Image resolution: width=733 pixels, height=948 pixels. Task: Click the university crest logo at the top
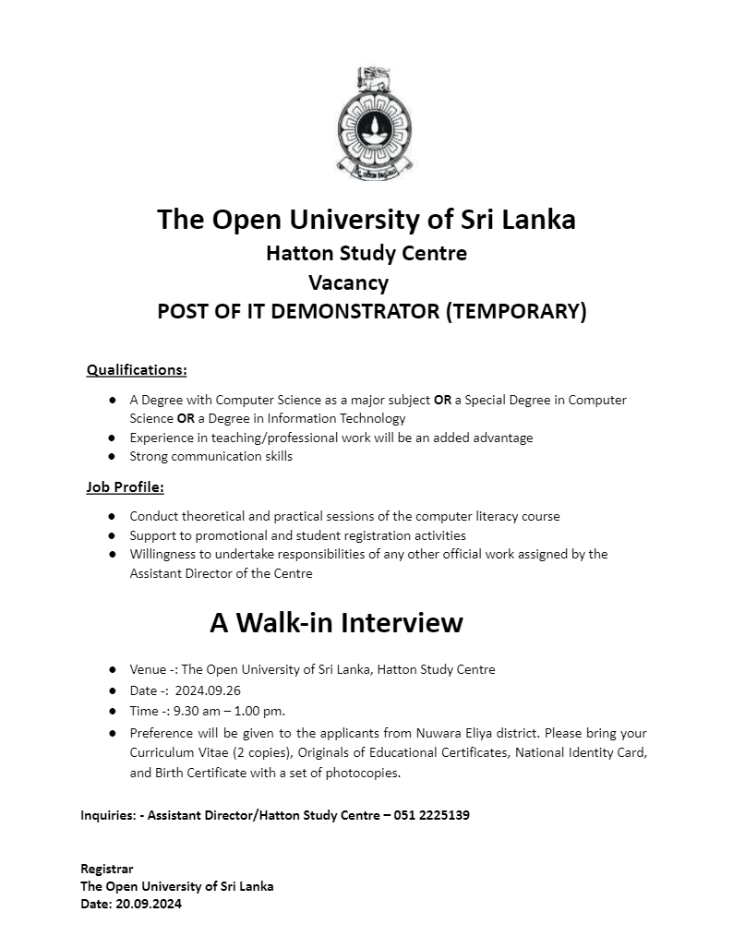(x=373, y=122)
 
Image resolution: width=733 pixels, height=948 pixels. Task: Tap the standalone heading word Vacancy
(x=348, y=282)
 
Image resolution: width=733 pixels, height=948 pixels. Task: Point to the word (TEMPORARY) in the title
(x=516, y=311)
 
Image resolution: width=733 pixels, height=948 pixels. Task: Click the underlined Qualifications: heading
(x=137, y=370)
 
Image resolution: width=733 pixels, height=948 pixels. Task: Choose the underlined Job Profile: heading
(x=125, y=486)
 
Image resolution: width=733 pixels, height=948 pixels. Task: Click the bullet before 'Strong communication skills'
(x=112, y=457)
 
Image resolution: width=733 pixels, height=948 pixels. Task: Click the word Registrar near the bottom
(x=107, y=869)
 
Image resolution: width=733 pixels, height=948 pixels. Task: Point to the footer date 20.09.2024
(x=149, y=904)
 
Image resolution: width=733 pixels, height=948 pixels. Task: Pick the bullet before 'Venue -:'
(x=112, y=669)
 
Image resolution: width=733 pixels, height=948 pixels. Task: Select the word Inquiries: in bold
(x=108, y=815)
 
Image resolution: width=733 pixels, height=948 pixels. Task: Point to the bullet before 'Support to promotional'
(x=112, y=535)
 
